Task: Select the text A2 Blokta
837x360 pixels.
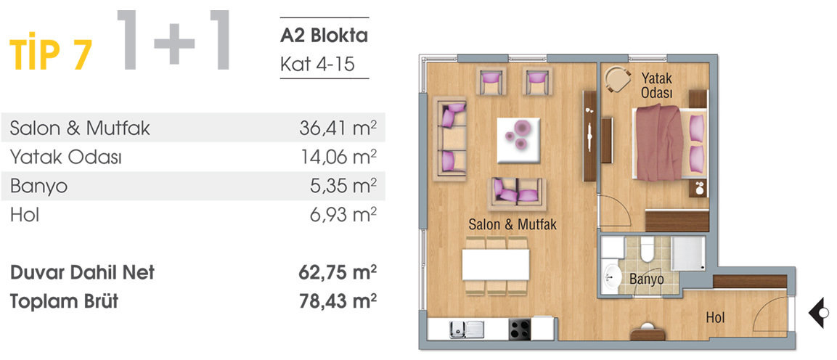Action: (324, 35)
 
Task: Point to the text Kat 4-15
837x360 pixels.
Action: (317, 64)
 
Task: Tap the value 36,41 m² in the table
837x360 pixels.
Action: (338, 128)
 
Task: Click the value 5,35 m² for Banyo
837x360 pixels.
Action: (342, 186)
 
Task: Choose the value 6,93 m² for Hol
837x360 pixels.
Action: (342, 214)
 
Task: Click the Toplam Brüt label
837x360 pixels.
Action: (64, 301)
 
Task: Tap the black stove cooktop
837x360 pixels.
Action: (520, 330)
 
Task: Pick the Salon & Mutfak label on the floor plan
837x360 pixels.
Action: (513, 224)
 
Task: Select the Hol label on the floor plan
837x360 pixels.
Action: (716, 317)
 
